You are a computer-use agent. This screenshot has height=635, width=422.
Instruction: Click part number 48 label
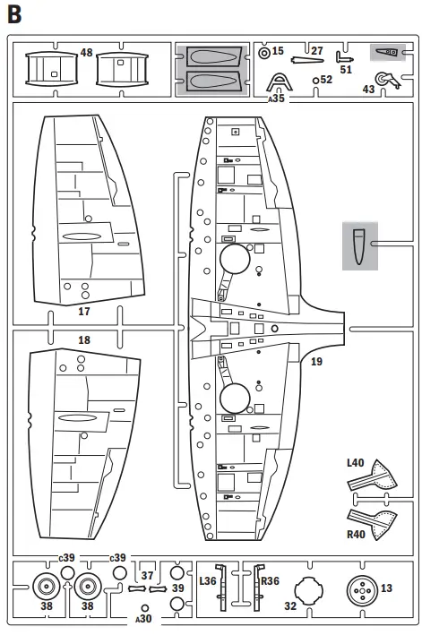tap(86, 54)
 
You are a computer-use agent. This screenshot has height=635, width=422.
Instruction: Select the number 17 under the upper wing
tap(85, 312)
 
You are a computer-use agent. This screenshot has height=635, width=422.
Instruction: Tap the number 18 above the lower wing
tap(85, 340)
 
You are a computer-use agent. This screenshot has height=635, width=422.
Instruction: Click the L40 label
tap(357, 464)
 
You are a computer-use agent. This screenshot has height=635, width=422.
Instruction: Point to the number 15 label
tap(278, 51)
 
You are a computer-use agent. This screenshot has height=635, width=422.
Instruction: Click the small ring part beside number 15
tap(264, 52)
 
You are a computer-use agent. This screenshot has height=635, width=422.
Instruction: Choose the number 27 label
tap(316, 51)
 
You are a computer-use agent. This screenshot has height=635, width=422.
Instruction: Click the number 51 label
tap(346, 69)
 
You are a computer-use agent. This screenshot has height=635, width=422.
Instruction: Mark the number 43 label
tap(368, 90)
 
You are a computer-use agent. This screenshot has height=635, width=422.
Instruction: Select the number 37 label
tap(148, 576)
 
